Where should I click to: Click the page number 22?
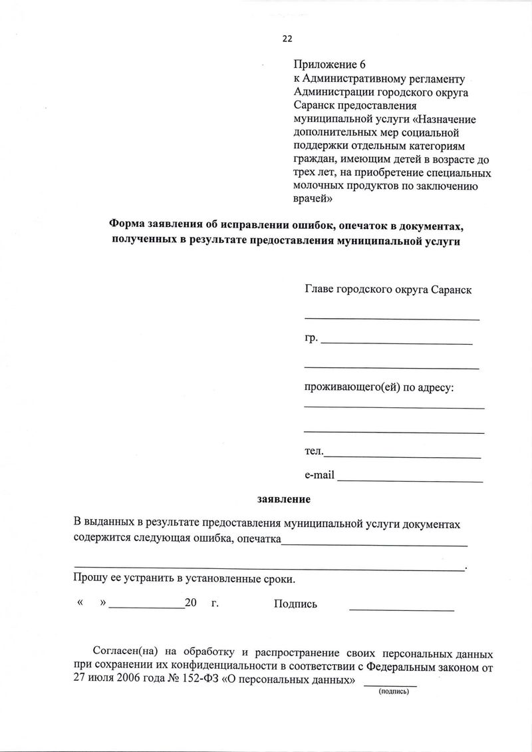287,39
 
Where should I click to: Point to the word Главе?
319,289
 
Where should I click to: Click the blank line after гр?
396,343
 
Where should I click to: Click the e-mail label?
319,475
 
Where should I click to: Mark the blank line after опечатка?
374,545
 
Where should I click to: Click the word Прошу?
89,578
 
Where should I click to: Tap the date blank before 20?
147,608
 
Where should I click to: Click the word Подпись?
295,604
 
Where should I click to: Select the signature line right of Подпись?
402,610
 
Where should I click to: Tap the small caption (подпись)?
394,692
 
